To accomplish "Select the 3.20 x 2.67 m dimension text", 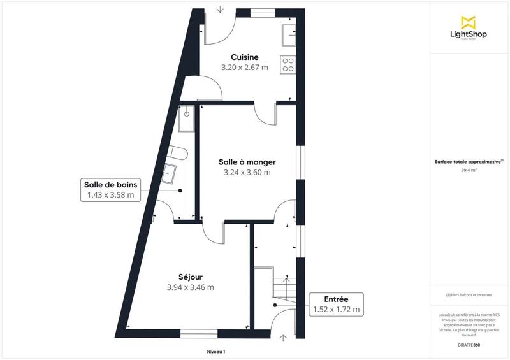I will [245, 67].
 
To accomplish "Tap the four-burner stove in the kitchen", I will [288, 64].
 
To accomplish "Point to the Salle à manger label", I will [247, 162].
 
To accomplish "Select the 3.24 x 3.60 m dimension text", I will [247, 172].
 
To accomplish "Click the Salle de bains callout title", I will [110, 185].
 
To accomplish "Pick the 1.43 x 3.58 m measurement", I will [110, 196].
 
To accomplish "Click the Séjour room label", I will [191, 277].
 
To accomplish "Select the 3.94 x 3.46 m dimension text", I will [191, 287].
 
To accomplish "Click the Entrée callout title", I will [336, 299].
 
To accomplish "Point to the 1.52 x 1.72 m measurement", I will [336, 310].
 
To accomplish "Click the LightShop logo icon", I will [469, 22].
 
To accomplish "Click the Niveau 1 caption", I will [216, 352].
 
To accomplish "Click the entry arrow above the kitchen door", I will [219, 9].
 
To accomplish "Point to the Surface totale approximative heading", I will [468, 162].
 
